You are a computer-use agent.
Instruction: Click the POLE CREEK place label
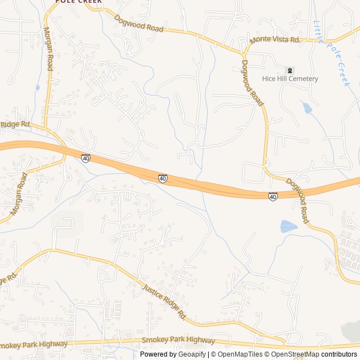(79, 2)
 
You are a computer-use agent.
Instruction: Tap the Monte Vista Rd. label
(276, 39)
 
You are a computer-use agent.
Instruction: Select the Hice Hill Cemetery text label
(290, 79)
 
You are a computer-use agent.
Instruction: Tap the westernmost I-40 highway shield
(85, 159)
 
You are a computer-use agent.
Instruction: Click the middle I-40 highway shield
(163, 178)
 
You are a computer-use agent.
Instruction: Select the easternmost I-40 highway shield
(273, 196)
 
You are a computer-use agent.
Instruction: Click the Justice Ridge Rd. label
(164, 301)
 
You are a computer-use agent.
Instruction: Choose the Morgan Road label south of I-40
(19, 194)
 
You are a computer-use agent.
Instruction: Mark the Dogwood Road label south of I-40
(298, 201)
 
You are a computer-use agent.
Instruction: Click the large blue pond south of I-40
(288, 226)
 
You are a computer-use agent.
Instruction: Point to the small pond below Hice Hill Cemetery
(307, 107)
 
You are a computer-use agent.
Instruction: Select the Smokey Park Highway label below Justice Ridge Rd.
(178, 340)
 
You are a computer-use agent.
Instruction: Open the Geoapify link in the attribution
(193, 354)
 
